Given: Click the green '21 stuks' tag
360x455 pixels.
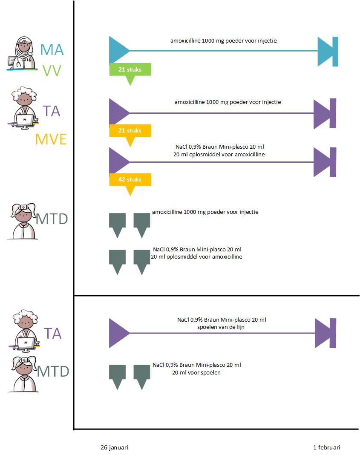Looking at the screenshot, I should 130,69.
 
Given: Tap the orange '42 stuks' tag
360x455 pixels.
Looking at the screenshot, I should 130,179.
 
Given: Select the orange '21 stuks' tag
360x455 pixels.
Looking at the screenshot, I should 130,130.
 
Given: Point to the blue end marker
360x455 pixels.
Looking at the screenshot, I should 328,52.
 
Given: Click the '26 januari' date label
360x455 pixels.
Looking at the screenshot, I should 114,447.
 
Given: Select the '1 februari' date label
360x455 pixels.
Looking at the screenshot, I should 327,447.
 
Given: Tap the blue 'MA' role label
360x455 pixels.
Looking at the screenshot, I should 52,50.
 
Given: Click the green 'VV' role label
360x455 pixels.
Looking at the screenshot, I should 52,71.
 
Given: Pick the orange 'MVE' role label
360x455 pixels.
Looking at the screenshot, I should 51,139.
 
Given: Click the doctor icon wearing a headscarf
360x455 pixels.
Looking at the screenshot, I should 24,53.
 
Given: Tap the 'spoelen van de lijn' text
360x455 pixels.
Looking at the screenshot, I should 222,327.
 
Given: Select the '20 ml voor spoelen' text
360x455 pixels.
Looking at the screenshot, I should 196,372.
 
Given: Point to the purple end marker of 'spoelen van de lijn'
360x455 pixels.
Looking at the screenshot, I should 326,333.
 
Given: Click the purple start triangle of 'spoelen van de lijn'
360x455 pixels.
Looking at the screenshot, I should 118,333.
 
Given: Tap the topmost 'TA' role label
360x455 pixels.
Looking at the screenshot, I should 51,112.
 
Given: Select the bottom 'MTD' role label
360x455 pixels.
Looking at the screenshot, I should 53,371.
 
